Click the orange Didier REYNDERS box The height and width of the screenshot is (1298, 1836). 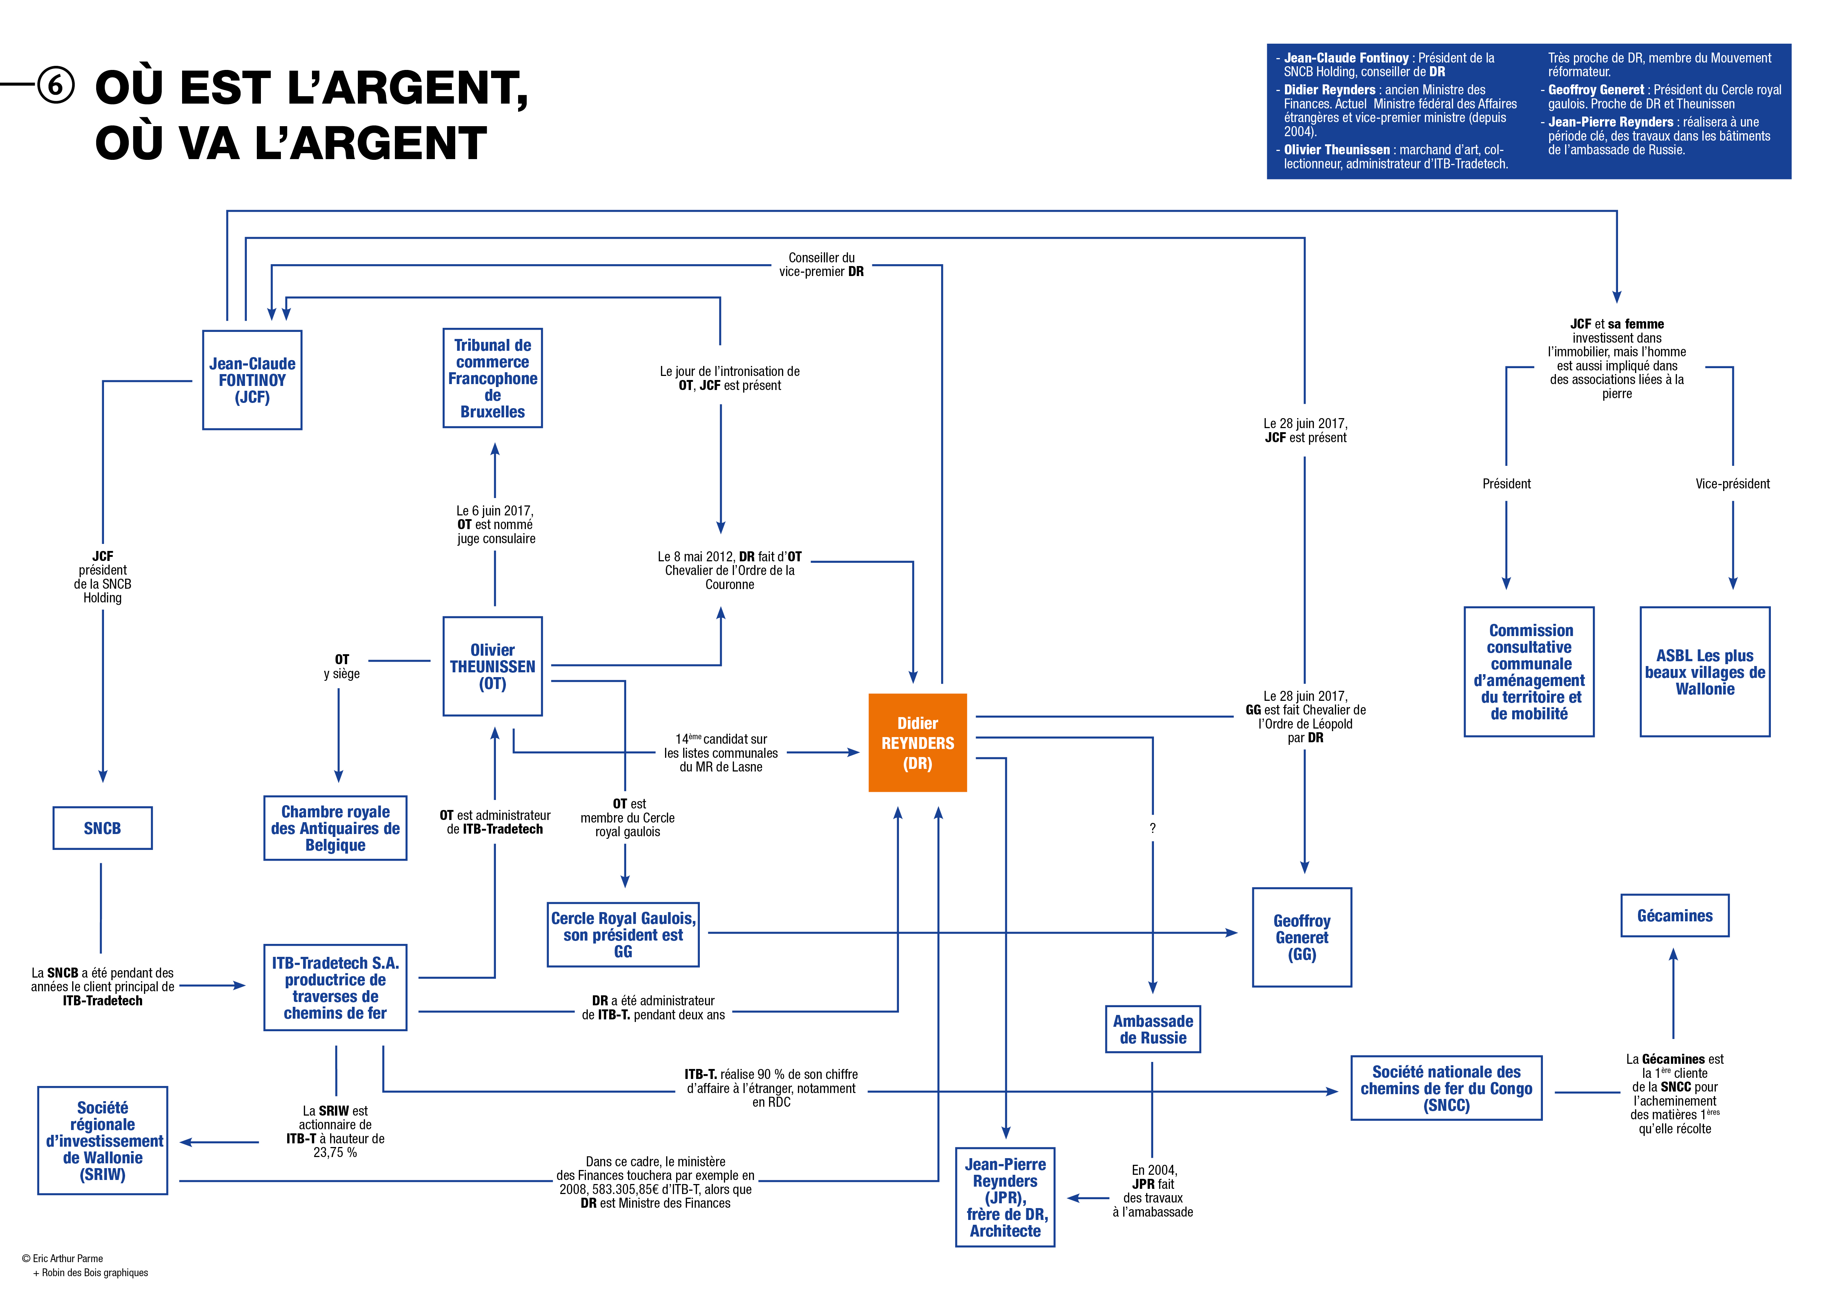(917, 743)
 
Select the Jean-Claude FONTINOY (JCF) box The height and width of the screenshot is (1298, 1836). (252, 380)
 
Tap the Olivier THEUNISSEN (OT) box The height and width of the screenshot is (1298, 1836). (493, 666)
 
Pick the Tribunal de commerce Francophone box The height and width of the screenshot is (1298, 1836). (493, 378)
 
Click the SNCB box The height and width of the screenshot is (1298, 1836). (103, 828)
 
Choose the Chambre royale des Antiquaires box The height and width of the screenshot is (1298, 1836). (335, 828)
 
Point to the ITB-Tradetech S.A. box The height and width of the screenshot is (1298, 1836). (335, 988)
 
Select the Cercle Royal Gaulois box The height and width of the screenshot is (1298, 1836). (623, 934)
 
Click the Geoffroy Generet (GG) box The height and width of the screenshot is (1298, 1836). (1302, 938)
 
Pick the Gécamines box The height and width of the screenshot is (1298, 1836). (1675, 916)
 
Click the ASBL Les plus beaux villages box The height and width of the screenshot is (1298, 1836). (1705, 672)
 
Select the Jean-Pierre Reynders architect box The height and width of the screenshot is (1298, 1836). (1005, 1197)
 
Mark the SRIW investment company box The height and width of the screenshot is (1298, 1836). (103, 1140)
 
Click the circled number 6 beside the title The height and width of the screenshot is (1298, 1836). (56, 85)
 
